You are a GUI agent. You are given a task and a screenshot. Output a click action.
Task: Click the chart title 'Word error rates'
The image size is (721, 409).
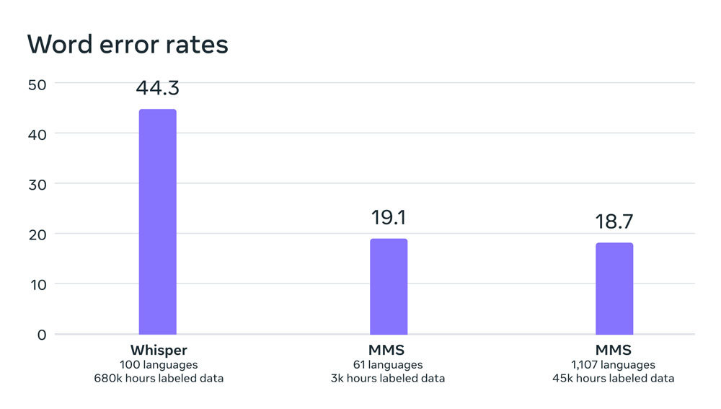coord(128,45)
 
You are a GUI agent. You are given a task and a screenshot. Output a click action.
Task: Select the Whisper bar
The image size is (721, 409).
coord(157,221)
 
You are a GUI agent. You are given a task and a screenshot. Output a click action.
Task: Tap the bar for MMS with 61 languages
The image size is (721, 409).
coord(389,286)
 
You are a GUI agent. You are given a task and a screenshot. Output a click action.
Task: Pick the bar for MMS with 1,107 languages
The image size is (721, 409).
coord(614,289)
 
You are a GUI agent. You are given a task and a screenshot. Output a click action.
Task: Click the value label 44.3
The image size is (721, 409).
coord(157,88)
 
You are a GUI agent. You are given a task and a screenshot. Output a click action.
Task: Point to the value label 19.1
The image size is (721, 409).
coord(389,218)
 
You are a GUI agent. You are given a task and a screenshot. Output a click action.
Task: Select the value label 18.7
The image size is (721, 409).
coord(614,221)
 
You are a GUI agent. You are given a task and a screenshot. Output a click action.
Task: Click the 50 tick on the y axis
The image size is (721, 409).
coord(37,84)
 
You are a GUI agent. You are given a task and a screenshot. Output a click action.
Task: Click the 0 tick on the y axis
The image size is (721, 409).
coord(41,334)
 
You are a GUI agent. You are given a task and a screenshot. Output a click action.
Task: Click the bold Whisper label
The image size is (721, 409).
coord(157,351)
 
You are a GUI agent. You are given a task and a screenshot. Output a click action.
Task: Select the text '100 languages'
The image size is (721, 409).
coord(157,364)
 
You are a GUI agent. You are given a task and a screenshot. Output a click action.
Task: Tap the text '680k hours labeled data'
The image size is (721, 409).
coord(157,378)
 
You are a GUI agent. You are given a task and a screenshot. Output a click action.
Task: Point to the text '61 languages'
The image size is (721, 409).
coord(389,364)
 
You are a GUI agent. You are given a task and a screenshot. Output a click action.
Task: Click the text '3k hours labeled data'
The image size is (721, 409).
coord(389,378)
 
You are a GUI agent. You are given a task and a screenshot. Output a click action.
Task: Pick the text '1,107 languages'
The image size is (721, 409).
coord(614,364)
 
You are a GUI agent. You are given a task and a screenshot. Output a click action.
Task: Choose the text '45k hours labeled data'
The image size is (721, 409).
coord(614,378)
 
